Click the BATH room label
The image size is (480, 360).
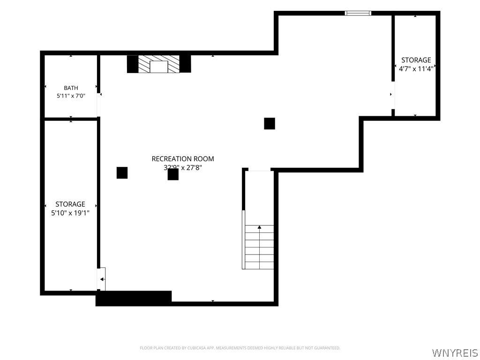71,88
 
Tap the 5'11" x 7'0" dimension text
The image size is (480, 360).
71,96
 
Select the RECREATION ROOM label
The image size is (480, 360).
183,159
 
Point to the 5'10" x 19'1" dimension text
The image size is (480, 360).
70,213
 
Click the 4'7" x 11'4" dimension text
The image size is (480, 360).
416,68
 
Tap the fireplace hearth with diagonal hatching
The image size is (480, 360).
158,64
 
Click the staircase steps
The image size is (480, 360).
259,247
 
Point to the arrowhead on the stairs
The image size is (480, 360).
259,227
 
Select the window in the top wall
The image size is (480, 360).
358,13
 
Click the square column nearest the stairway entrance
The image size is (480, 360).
270,124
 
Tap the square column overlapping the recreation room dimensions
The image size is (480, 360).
173,174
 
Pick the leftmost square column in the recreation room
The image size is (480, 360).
122,172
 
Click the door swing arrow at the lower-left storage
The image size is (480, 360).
102,279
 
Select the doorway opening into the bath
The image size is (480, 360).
98,105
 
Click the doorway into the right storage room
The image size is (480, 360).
393,95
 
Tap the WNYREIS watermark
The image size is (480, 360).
455,352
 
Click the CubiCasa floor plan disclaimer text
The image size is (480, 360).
240,348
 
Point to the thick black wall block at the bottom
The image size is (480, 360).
134,298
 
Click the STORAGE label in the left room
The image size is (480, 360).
70,204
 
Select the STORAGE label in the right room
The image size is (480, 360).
416,60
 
